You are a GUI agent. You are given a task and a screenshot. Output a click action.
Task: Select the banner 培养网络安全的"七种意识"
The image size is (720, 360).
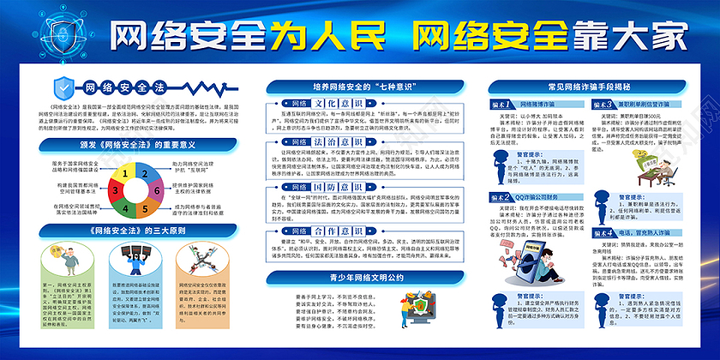[360, 87]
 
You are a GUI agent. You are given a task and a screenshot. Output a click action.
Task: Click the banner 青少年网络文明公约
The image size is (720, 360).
[360, 278]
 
